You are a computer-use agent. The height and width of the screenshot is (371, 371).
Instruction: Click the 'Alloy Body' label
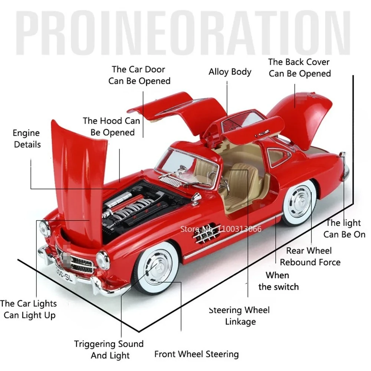[230, 72]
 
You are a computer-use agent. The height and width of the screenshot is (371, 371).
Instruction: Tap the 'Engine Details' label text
[26, 138]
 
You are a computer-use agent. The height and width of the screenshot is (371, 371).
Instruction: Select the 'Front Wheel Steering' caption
[196, 354]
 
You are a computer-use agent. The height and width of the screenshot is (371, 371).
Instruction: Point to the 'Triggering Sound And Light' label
[109, 349]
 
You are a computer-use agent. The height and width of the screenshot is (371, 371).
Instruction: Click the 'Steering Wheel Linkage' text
[239, 316]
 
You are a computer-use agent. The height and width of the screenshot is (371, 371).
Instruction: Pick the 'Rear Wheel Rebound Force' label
[310, 256]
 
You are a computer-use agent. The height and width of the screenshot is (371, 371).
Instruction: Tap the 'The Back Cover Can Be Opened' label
[299, 68]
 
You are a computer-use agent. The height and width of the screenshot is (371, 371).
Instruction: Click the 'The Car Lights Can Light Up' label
[29, 309]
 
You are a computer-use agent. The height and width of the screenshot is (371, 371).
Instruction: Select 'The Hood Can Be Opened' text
[112, 127]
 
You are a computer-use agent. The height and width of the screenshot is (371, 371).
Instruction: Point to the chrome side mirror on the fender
[196, 197]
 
